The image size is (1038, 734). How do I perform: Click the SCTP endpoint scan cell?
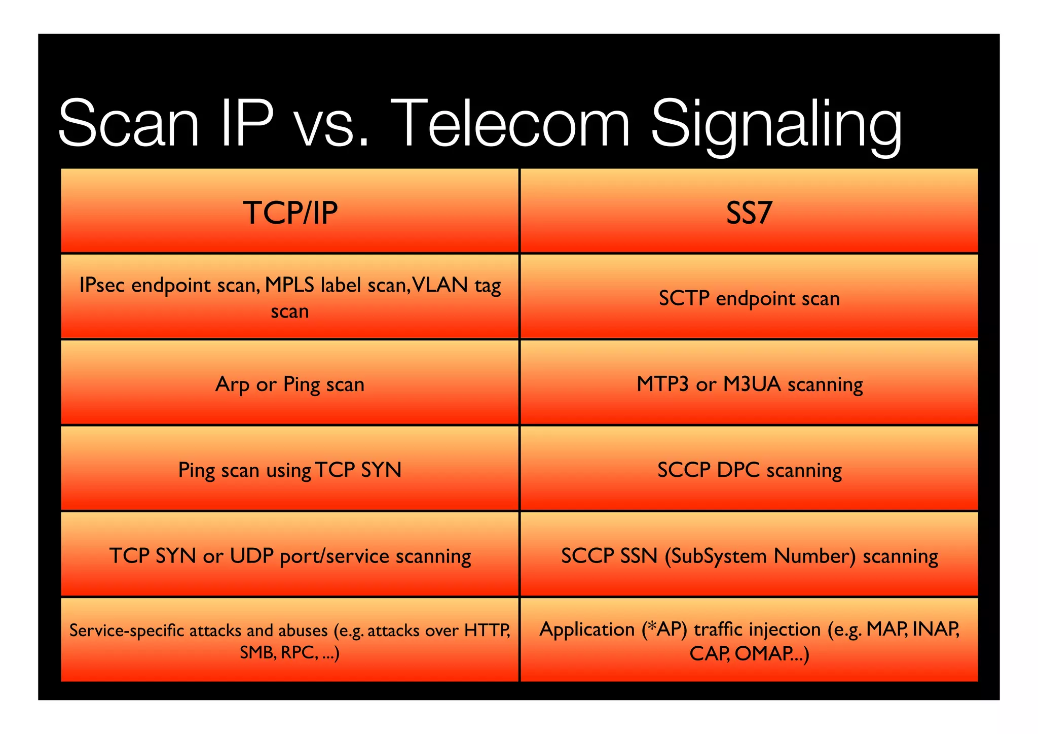[749, 298]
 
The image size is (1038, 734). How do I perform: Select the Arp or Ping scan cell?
[290, 384]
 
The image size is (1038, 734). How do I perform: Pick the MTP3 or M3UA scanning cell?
[749, 384]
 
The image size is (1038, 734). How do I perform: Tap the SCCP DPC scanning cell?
[749, 470]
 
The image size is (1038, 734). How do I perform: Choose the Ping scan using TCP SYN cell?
[290, 470]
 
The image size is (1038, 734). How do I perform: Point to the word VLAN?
[440, 285]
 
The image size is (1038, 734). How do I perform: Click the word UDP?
[252, 556]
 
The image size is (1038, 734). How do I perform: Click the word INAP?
[935, 629]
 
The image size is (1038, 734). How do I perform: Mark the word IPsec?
[102, 285]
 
